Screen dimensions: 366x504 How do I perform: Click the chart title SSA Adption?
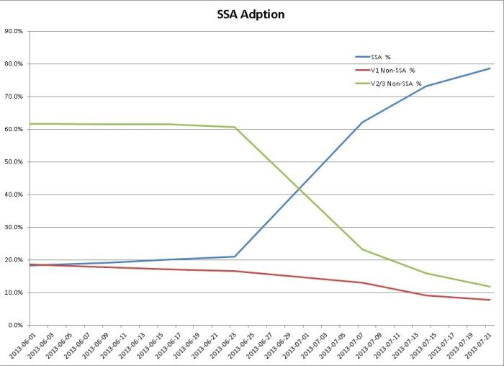[x=251, y=14]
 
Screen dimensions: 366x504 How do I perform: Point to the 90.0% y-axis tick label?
[x=14, y=31]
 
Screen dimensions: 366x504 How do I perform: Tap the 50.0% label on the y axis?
[x=14, y=162]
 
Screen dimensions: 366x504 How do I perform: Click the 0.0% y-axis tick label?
[x=15, y=325]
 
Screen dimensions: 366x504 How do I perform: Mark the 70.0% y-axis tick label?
[x=14, y=97]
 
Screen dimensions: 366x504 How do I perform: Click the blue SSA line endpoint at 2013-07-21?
[x=490, y=68]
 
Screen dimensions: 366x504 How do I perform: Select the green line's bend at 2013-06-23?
[x=235, y=128]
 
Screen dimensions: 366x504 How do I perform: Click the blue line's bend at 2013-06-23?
[x=235, y=256]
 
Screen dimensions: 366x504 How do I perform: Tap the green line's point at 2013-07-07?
[x=362, y=249]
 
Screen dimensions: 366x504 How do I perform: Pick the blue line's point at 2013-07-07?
[x=362, y=122]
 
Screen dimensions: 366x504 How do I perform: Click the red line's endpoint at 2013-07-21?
[x=490, y=300]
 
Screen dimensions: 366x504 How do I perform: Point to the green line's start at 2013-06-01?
[x=30, y=124]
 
